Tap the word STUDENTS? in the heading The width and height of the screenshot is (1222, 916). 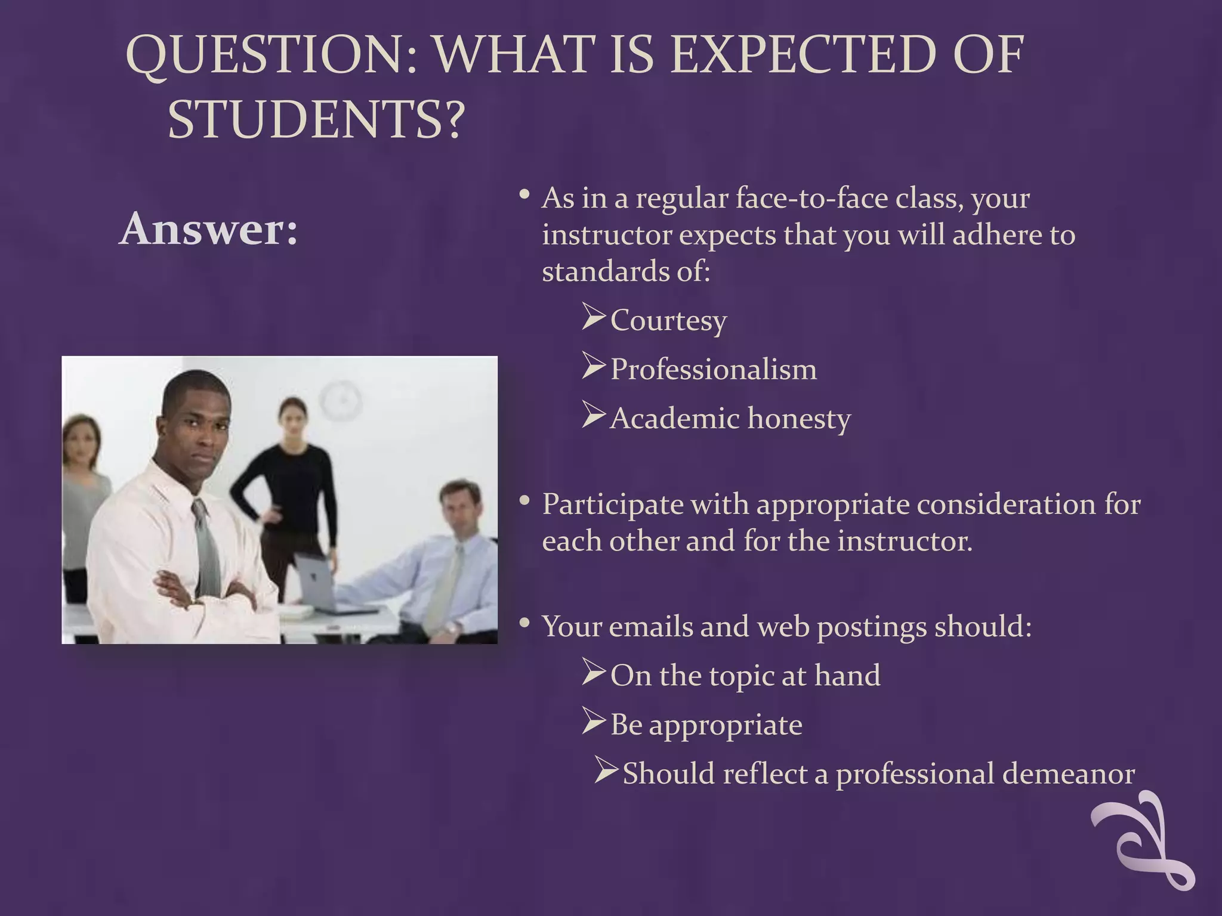pos(316,119)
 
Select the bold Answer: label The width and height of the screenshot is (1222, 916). pos(208,229)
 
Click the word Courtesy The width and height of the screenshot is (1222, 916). pos(668,321)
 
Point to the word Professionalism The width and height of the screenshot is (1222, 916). pos(714,370)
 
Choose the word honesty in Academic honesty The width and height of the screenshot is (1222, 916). pos(799,419)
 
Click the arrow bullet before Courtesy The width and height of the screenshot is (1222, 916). pos(594,316)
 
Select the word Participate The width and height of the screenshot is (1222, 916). pos(613,505)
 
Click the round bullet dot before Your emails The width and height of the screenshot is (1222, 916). pos(524,624)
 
